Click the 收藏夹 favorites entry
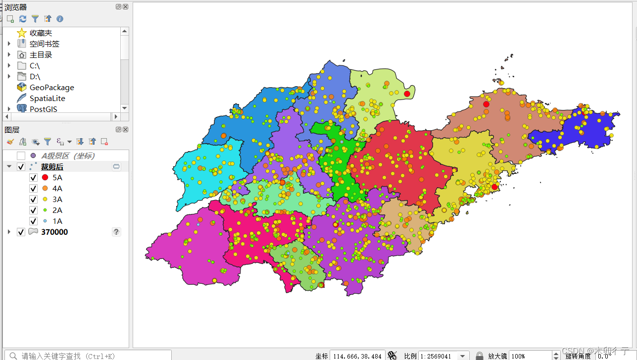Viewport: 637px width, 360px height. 40,33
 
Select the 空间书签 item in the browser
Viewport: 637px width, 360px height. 44,44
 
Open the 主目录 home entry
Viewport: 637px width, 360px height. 41,55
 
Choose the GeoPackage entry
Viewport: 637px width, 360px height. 51,88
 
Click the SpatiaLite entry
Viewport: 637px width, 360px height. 47,99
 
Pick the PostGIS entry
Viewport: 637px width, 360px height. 43,109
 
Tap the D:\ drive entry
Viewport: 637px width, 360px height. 35,77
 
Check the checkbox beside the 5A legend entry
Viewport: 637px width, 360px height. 33,178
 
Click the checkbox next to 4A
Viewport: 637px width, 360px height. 33,189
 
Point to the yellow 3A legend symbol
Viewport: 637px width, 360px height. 45,200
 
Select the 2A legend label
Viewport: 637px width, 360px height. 57,210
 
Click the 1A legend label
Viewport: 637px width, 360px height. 57,221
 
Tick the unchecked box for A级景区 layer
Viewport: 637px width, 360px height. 21,156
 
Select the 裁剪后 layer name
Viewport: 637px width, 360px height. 52,167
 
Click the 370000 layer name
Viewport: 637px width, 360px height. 54,232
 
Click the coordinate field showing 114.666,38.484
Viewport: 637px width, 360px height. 357,356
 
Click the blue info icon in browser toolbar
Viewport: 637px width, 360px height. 60,19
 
